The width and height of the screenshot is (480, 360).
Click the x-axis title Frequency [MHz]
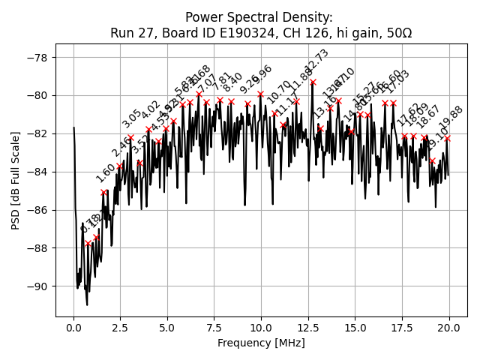(261, 343)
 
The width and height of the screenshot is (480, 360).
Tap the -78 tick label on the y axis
(37, 58)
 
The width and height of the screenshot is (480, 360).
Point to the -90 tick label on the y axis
(37, 286)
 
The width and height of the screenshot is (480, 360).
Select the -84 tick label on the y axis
(37, 172)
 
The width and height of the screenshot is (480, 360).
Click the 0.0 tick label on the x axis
(73, 328)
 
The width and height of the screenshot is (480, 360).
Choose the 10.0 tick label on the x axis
(261, 328)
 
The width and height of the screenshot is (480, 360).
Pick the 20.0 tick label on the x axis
(449, 328)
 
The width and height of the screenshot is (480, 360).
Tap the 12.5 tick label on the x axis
(308, 328)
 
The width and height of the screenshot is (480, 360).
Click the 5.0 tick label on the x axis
(167, 328)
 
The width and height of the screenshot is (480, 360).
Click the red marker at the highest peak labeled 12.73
(313, 82)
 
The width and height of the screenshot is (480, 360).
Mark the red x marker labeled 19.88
(447, 139)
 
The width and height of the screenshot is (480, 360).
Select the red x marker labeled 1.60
(103, 193)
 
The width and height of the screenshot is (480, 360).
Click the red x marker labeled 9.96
(260, 94)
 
